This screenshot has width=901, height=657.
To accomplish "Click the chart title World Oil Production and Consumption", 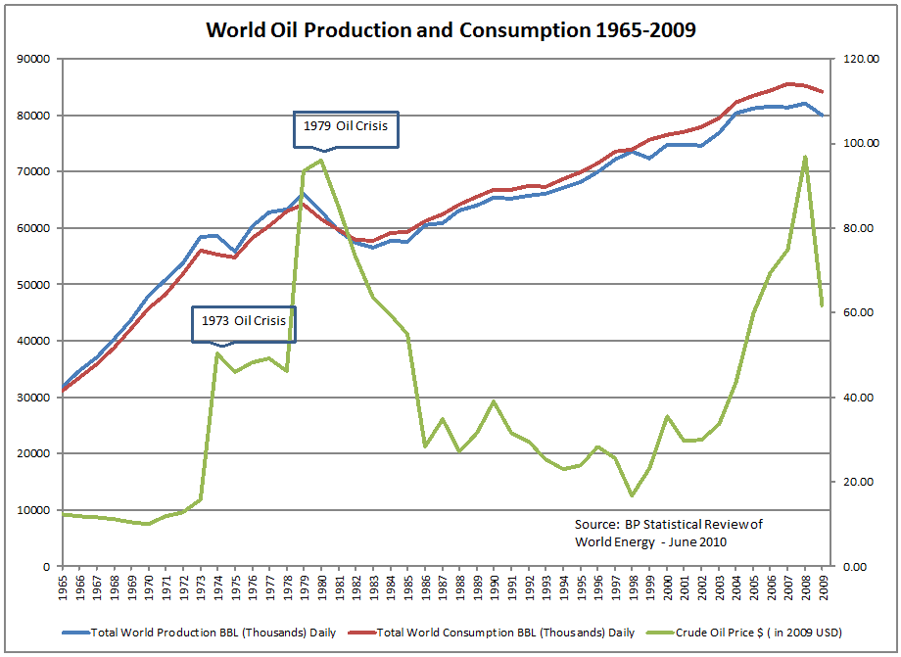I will click(450, 29).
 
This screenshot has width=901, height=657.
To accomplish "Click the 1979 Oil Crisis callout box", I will click(347, 129).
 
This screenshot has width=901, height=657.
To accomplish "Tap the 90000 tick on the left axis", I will click(34, 59).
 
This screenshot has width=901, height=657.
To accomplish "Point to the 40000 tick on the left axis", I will click(34, 341).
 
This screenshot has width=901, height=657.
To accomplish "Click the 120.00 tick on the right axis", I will click(860, 59).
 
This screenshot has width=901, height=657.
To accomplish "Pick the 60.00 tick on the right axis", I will click(860, 312).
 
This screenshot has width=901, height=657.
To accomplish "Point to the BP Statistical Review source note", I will click(668, 533).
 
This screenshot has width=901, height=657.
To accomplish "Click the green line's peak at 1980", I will click(321, 161).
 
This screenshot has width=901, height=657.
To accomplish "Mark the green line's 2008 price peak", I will click(805, 157).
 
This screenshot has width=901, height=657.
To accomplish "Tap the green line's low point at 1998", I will click(632, 495).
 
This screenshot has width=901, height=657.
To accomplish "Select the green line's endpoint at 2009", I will click(823, 306).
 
